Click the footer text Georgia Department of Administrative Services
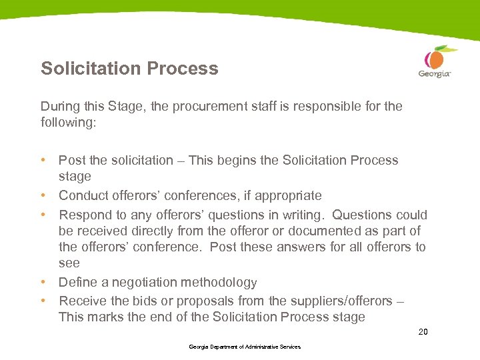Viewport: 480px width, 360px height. (x=245, y=347)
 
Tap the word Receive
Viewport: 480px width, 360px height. (x=82, y=301)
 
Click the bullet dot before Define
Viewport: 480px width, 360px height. (x=43, y=283)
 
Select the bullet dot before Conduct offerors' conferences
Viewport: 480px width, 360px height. (x=43, y=196)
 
